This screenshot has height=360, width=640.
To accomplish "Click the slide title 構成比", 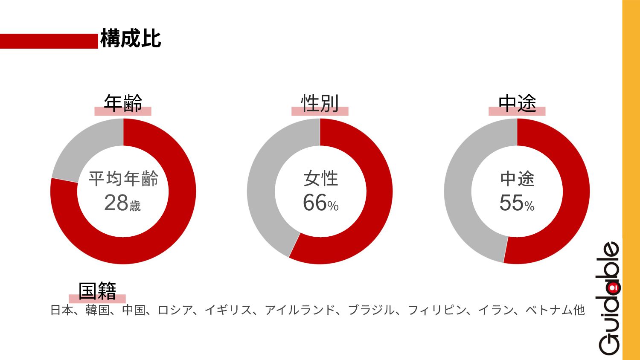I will coord(131,39).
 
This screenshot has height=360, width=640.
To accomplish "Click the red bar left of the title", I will coord(49,41).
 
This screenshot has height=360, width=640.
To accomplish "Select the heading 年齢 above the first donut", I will coord(123,104).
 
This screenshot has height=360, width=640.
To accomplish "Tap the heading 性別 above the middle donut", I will coord(320,104).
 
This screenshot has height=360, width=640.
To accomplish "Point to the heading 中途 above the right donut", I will coord(517,104).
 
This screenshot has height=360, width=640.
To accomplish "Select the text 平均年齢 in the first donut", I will coord(123,179).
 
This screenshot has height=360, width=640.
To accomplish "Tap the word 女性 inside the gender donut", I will coord(320,179).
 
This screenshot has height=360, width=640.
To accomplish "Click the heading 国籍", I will coord(97,291).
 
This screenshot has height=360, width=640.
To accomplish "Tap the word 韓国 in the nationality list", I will coord(97,310).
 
